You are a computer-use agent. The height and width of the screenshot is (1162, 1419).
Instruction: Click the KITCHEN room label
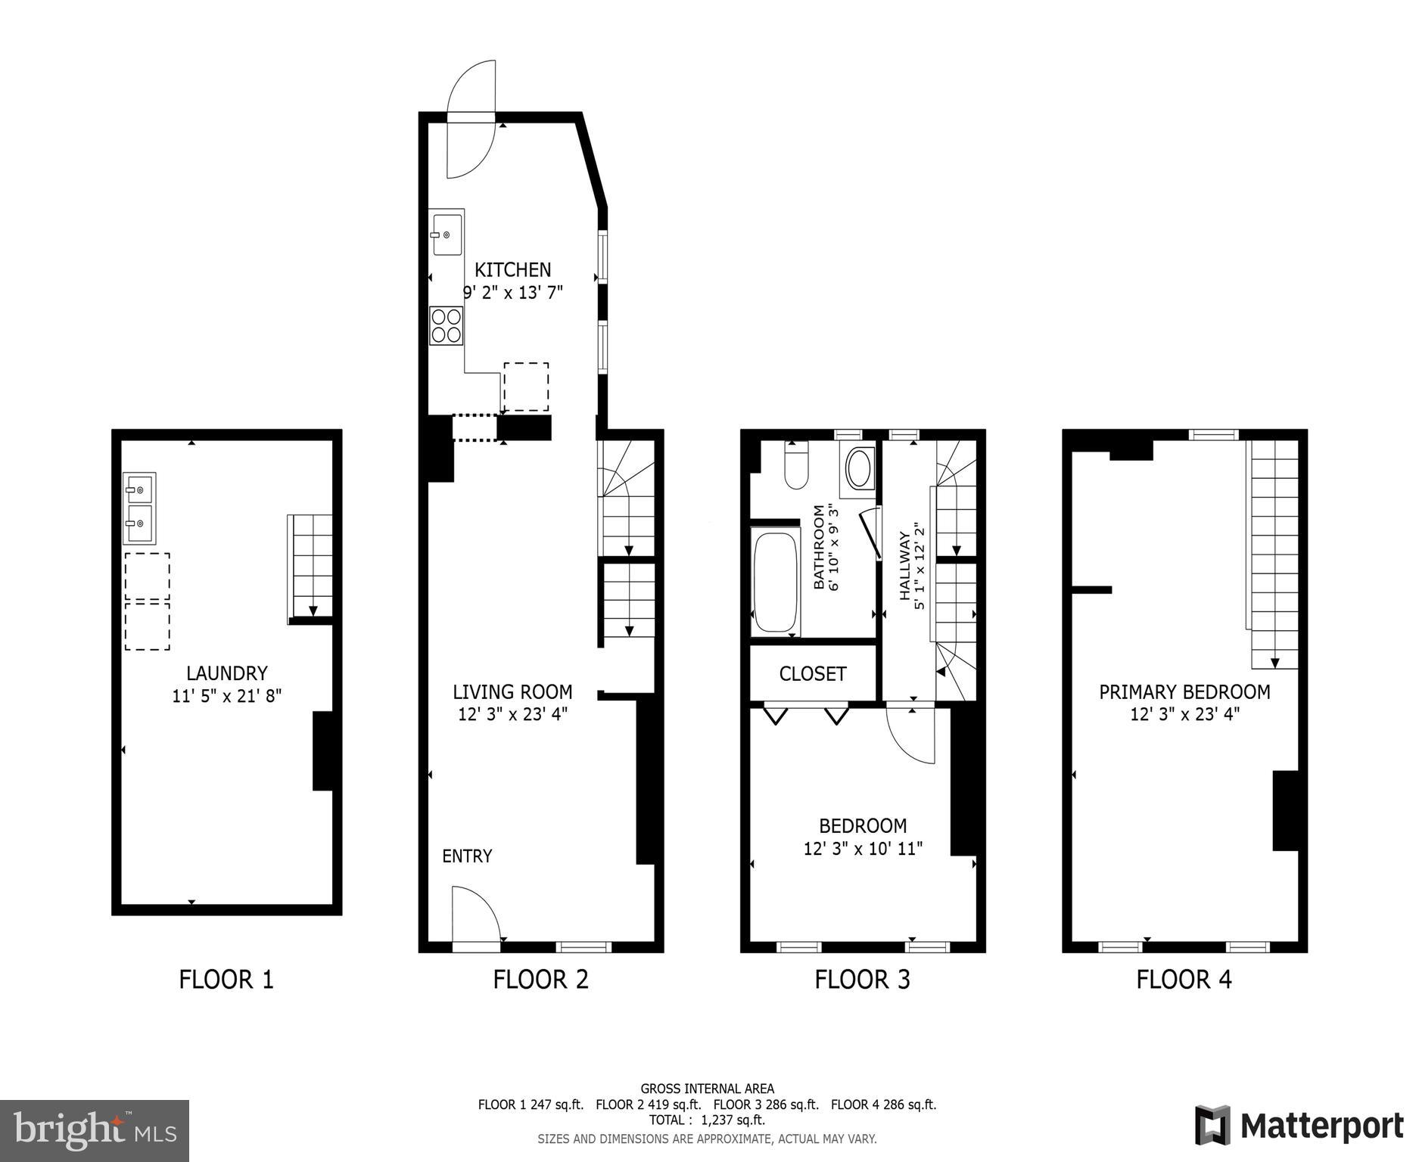click(512, 270)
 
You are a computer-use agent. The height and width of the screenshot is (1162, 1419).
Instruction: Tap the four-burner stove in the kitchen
click(447, 325)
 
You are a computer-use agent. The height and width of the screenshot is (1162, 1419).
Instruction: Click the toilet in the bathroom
click(796, 468)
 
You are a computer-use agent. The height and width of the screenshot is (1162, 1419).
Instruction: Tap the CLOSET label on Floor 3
click(813, 673)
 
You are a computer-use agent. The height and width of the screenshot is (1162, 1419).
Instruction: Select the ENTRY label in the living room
click(467, 856)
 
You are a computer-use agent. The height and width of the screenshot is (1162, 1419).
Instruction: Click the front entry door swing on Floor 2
click(475, 915)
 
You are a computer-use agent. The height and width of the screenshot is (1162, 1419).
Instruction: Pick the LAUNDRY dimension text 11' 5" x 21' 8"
click(226, 695)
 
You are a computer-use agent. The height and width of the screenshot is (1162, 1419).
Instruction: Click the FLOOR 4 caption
click(1184, 979)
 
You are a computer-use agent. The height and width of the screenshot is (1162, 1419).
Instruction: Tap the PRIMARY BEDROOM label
click(1184, 691)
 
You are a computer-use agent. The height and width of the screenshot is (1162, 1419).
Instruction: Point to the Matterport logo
click(1299, 1125)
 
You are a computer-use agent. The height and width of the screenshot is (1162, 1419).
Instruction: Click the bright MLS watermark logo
click(95, 1130)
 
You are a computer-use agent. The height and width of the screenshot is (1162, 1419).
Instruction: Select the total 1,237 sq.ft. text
click(707, 1120)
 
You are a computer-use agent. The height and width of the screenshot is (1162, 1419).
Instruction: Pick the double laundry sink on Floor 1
click(140, 508)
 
